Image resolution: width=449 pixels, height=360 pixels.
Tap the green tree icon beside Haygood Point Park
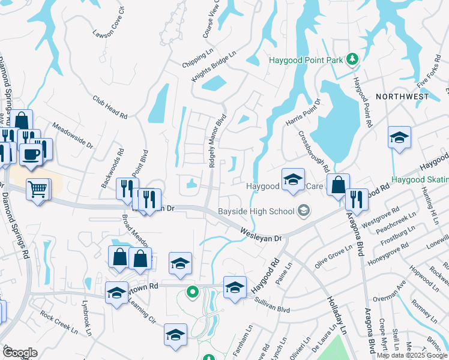click(354, 59)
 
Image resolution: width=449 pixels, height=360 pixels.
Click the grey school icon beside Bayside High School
click(304, 210)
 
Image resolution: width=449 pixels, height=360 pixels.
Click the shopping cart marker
click(38, 190)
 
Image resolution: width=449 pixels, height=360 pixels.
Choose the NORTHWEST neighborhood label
click(402, 97)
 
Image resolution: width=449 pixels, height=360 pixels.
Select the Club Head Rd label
click(110, 107)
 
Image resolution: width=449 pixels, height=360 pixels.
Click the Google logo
click(20, 353)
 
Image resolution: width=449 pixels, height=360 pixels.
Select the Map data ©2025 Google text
click(412, 355)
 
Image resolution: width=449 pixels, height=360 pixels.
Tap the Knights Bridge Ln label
click(214, 65)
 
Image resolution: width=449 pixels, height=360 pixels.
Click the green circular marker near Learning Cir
click(192, 293)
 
